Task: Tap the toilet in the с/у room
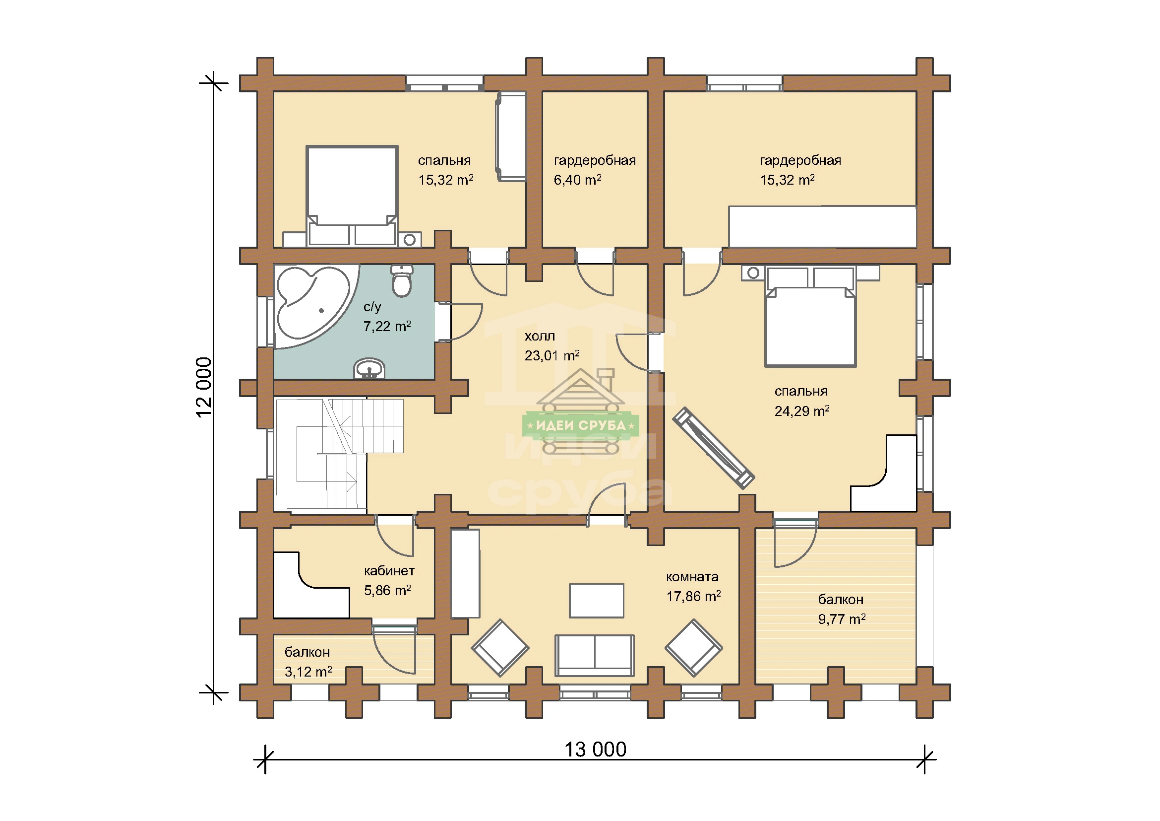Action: click(x=402, y=281)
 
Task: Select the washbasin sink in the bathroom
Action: click(x=369, y=368)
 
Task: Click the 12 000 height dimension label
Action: click(x=204, y=387)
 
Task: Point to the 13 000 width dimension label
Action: click(x=595, y=750)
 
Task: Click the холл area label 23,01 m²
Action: click(x=551, y=356)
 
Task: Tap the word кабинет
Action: click(x=389, y=571)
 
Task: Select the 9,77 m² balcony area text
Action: click(x=842, y=619)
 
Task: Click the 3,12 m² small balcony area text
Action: click(x=308, y=672)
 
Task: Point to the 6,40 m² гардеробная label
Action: click(x=577, y=180)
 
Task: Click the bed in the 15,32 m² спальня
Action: click(x=352, y=196)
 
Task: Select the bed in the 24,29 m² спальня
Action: click(x=810, y=317)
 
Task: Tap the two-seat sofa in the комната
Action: click(x=595, y=656)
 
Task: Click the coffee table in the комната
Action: click(x=597, y=601)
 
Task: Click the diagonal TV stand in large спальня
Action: click(x=713, y=448)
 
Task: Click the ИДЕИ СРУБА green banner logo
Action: click(x=581, y=425)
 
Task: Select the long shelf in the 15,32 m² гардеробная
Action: click(x=822, y=226)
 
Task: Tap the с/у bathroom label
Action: click(x=372, y=307)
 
